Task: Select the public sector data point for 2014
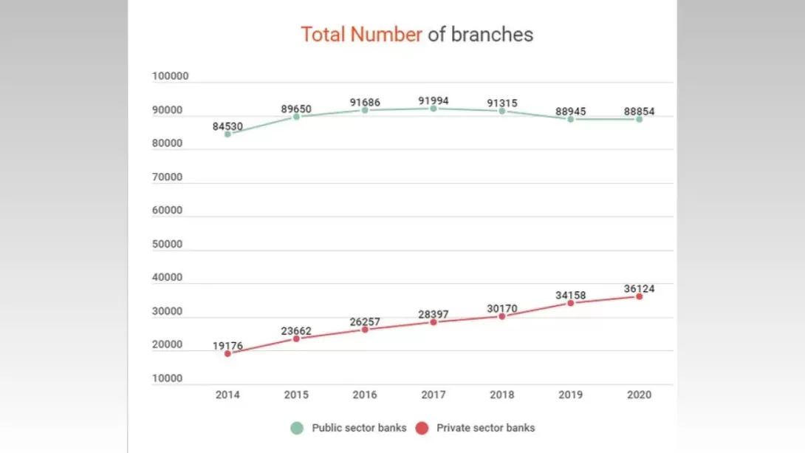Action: [227, 134]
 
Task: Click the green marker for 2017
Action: [434, 109]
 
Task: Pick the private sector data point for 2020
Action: [640, 296]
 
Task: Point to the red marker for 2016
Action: [365, 330]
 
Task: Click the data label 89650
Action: [296, 109]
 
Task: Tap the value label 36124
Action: [639, 288]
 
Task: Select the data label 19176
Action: [227, 345]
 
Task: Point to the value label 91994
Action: [433, 101]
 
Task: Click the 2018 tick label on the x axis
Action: [502, 395]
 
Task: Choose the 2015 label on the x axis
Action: [296, 395]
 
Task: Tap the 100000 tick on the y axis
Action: [171, 76]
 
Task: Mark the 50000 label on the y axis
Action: [168, 244]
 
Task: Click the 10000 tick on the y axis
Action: [168, 378]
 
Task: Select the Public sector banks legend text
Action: [359, 428]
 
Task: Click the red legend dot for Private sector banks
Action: [423, 428]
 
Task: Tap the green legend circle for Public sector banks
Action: [297, 428]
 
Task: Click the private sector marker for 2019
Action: [571, 303]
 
